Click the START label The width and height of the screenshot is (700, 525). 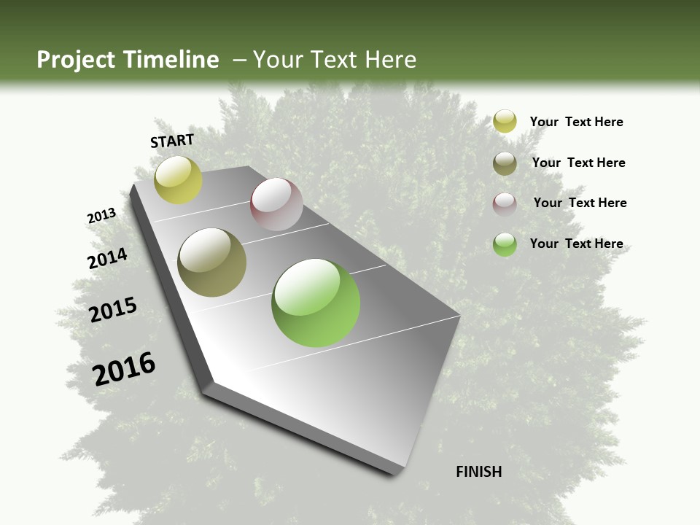[172, 141]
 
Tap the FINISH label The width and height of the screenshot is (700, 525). [478, 472]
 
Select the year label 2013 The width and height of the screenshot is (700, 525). [101, 216]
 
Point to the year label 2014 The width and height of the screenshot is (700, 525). [107, 258]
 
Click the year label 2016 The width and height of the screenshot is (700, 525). [124, 369]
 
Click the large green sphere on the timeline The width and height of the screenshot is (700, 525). [316, 303]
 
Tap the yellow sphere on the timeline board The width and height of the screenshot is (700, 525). [178, 180]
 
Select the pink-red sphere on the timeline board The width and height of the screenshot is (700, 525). [276, 204]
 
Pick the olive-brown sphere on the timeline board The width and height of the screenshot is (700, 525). [211, 262]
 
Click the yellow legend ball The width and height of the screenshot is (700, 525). [505, 122]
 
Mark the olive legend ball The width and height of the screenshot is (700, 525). [505, 163]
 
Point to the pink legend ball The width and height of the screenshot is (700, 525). [505, 204]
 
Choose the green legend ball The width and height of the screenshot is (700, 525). [505, 244]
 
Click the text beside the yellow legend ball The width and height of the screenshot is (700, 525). [576, 122]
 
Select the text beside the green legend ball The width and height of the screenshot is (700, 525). [576, 244]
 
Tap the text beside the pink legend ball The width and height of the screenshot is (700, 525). [580, 203]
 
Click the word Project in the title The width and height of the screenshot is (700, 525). [77, 60]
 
